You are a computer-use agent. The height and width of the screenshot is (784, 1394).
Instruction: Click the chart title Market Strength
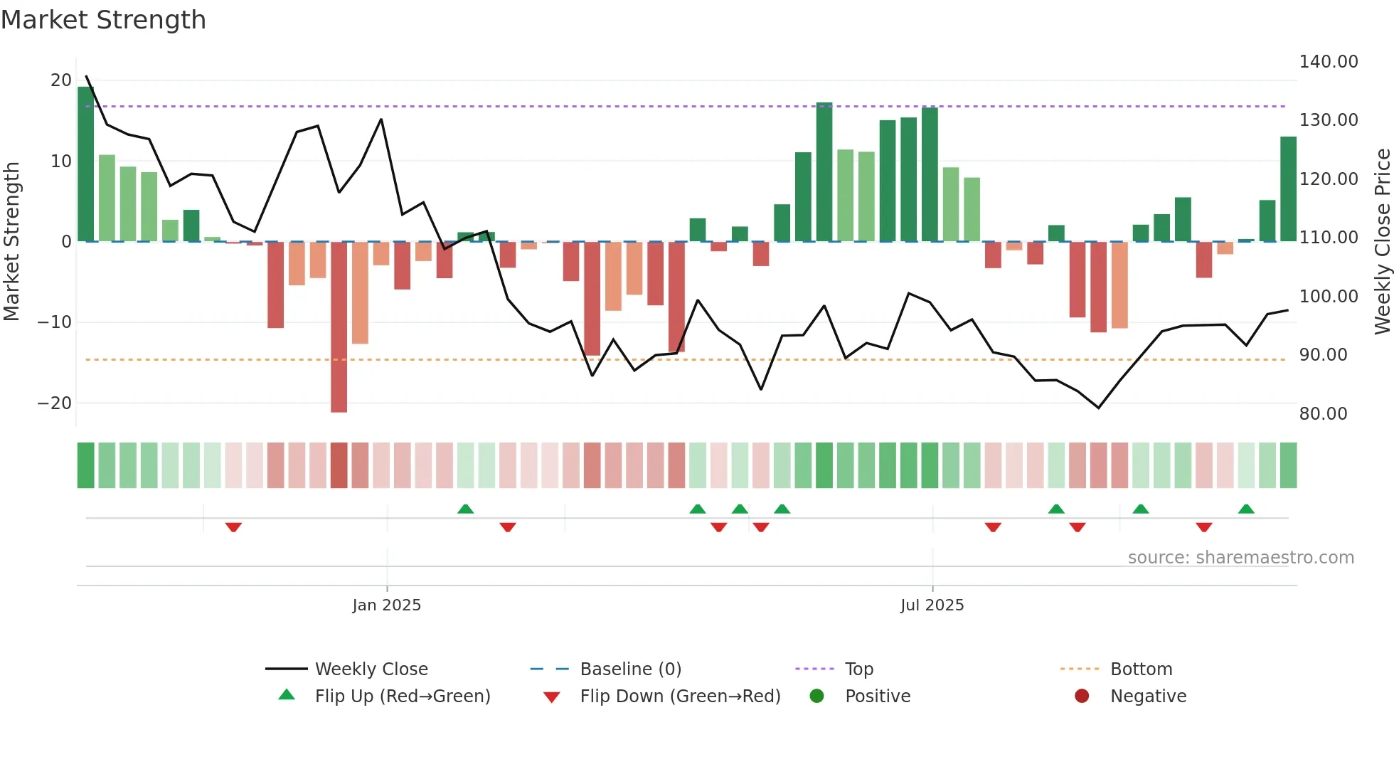click(103, 20)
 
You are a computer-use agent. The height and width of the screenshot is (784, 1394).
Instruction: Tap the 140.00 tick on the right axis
click(1328, 62)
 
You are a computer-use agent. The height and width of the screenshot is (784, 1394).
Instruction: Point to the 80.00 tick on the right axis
click(1323, 414)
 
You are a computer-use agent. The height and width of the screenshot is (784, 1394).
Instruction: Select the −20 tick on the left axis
click(55, 403)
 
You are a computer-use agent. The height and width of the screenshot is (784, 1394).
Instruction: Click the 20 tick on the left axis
click(61, 80)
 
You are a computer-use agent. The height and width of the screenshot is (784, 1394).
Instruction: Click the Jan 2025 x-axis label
click(386, 605)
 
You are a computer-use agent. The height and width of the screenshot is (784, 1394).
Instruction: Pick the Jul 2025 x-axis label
click(932, 605)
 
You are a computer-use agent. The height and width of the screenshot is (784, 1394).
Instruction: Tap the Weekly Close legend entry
click(371, 669)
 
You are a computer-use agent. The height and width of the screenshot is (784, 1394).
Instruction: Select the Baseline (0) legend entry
click(630, 669)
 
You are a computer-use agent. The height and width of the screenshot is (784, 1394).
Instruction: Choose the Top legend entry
click(858, 669)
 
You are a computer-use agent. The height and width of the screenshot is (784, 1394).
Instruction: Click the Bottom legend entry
click(1141, 669)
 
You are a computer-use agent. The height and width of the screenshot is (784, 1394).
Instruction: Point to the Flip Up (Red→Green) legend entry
click(402, 696)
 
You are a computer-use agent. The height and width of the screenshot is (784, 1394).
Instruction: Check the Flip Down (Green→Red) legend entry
click(679, 696)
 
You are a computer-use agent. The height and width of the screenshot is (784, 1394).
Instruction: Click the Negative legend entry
click(1148, 696)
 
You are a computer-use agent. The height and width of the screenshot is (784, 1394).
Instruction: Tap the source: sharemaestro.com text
click(1240, 558)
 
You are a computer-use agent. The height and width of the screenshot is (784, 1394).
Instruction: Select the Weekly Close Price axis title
click(1382, 242)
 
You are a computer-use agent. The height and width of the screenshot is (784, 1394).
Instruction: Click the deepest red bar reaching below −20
click(339, 327)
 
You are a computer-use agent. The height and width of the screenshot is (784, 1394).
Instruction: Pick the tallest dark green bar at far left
click(85, 164)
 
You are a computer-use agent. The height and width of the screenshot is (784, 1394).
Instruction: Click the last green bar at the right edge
click(1287, 189)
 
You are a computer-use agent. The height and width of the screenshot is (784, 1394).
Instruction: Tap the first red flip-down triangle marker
click(233, 527)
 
